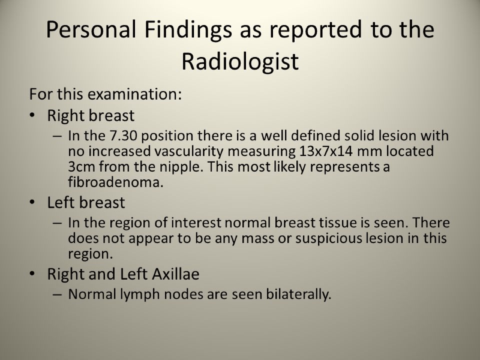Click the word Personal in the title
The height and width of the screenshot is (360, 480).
tap(91, 29)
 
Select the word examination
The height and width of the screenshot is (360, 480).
tap(134, 94)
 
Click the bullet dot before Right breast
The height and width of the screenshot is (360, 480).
tap(32, 115)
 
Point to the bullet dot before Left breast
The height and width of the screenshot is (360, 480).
tap(32, 202)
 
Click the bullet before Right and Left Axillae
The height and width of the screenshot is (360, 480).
tap(32, 274)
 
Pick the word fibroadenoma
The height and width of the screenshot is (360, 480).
tap(116, 182)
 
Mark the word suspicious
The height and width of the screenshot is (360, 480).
tap(329, 238)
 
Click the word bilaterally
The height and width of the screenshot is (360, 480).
tap(298, 295)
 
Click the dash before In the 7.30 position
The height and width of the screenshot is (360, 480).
tap(57, 136)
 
